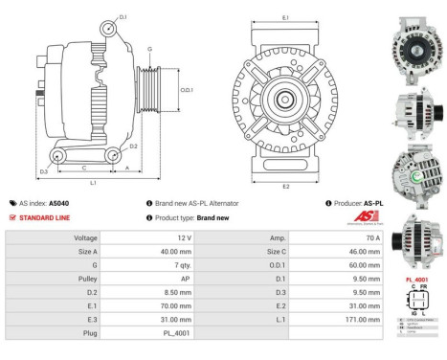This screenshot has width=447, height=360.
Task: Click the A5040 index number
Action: tap(58, 204)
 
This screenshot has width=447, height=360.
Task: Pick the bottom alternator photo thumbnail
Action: tap(416, 237)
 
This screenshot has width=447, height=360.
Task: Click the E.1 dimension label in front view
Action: tap(286, 18)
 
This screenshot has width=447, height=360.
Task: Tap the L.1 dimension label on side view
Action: tap(93, 182)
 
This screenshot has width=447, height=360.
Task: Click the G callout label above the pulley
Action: tap(148, 49)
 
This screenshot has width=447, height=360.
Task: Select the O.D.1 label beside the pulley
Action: tap(187, 91)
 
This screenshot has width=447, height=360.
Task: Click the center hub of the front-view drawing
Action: tap(285, 99)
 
